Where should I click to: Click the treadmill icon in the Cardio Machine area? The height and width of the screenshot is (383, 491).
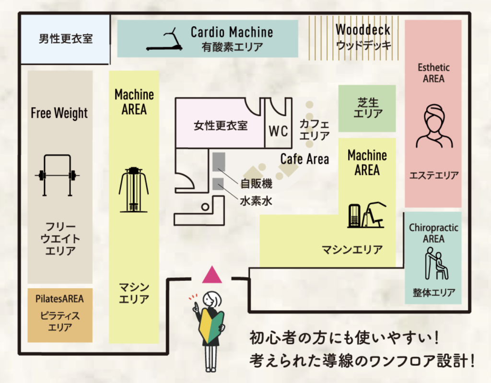pos(164,40)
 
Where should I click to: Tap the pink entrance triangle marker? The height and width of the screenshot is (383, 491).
pos(212,275)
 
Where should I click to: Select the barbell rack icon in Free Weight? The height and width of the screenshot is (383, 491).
pos(58,175)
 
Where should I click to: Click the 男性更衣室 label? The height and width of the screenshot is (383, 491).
pos(66,39)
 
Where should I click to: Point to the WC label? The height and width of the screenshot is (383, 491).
pos(279,131)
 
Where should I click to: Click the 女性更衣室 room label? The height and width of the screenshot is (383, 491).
pos(221,126)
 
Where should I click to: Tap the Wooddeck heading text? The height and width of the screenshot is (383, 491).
pos(363,30)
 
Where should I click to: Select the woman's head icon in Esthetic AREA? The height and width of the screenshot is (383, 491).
pos(434,126)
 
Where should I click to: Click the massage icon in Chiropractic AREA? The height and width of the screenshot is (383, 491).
pos(436,263)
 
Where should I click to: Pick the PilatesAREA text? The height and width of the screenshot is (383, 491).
pos(59,299)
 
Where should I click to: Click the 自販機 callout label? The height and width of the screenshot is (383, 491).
pos(256,184)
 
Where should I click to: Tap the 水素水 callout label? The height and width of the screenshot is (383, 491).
pos(256,201)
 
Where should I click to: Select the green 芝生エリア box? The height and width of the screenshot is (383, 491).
pos(367,108)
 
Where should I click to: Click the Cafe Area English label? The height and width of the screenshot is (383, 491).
pos(304,159)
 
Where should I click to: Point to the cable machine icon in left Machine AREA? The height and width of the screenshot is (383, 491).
pos(134,189)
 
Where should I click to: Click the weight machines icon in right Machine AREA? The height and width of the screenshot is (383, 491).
pos(367,215)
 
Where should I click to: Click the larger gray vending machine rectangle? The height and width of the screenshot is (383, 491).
pos(219,162)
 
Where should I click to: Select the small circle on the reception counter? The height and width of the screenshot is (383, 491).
pos(205,207)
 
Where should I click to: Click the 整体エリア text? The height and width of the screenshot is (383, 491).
pos(434,292)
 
